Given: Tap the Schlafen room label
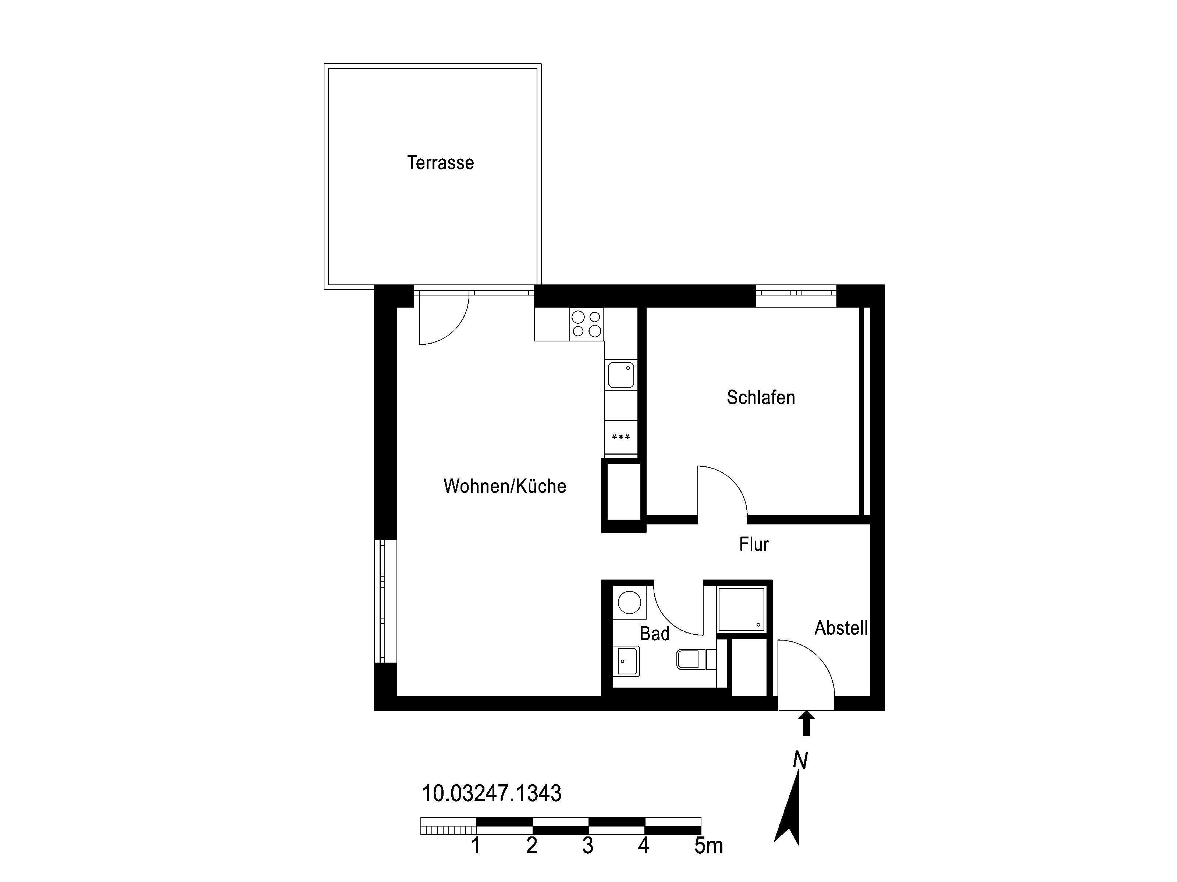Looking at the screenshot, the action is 761,398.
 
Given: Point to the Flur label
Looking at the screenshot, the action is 754,544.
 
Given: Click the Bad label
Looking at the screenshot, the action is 654,633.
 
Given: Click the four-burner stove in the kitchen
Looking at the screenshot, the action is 586,324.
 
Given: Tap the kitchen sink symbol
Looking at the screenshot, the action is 621,375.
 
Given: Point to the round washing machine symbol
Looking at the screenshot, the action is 629,603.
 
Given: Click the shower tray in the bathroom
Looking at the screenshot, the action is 741,609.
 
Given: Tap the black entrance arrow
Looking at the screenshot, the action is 807,724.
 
